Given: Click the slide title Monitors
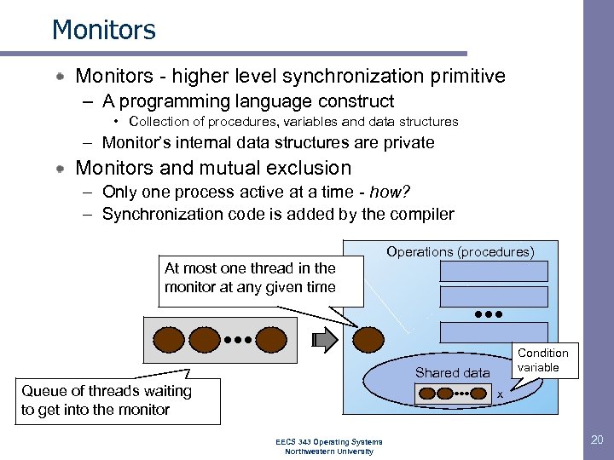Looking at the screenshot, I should click(104, 31).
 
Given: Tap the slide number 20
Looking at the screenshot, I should click(596, 440).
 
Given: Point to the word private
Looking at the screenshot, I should click(403, 143).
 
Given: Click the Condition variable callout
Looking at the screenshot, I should click(542, 360).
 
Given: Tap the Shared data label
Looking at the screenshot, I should click(452, 372).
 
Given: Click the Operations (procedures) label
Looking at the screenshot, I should click(460, 252).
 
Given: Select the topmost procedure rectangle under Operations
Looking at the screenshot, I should click(494, 271).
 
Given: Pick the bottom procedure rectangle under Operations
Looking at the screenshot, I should click(494, 331).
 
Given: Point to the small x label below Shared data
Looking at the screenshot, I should click(501, 394).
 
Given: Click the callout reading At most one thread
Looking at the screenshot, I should click(250, 279).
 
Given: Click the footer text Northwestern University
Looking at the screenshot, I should click(329, 451).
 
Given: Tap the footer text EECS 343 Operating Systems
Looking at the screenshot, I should click(329, 441).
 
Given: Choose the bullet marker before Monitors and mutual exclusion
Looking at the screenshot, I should click(61, 169).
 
